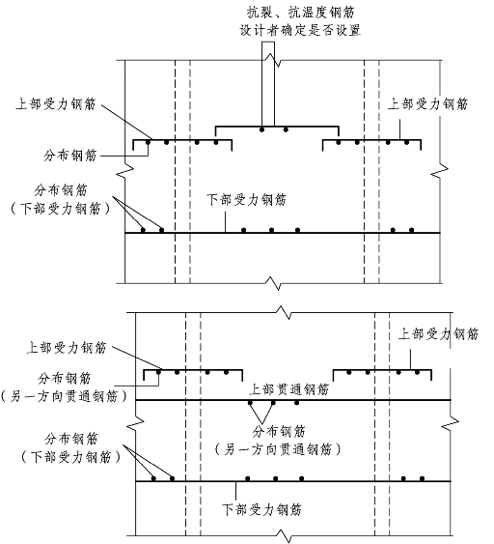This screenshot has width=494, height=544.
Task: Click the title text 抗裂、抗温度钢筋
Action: click(x=301, y=13)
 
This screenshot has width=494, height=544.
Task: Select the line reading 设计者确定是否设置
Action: click(x=301, y=30)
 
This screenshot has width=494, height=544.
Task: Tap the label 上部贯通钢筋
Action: click(x=288, y=389)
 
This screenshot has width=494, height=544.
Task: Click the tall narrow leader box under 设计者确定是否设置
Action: click(x=268, y=84)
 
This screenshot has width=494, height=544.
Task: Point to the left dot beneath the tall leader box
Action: click(x=262, y=129)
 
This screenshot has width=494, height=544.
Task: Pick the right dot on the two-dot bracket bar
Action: click(x=286, y=129)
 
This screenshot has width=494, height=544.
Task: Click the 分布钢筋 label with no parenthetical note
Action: click(x=70, y=155)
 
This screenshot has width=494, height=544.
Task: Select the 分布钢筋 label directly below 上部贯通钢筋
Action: click(x=279, y=432)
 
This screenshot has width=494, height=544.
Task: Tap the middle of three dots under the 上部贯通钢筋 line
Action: click(x=273, y=403)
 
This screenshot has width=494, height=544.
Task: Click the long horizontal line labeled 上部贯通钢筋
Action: click(x=293, y=400)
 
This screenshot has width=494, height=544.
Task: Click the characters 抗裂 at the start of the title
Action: click(x=261, y=13)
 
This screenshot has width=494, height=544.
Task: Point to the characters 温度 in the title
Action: click(x=315, y=13)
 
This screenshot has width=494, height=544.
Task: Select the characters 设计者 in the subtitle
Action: click(x=260, y=30)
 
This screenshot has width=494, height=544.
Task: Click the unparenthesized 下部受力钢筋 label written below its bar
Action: click(x=261, y=509)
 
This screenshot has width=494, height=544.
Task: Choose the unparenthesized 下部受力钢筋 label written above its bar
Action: click(x=247, y=199)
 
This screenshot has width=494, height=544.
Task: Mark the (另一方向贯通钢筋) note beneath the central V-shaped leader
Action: click(x=278, y=449)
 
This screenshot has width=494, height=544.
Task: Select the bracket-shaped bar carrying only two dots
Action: click(x=277, y=127)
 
